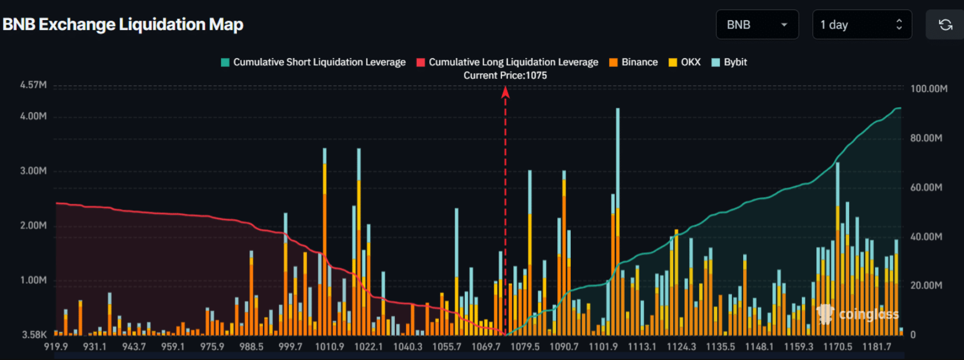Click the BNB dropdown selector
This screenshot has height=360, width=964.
point(757,25)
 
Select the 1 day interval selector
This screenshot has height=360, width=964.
point(862,25)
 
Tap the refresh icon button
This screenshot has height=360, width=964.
point(945,25)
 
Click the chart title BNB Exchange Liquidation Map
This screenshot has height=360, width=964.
point(123,25)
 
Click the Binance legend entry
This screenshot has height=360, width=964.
point(634,62)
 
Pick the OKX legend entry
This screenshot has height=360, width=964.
point(685,62)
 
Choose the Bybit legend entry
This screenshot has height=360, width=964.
point(730,62)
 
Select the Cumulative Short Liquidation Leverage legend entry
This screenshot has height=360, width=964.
point(313,62)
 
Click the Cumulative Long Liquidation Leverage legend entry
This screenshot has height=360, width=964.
point(507,62)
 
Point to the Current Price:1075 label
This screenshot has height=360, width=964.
point(505,76)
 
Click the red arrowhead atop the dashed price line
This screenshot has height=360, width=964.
point(505,92)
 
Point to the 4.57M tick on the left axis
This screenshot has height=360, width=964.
point(33,85)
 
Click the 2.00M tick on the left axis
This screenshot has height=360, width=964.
point(33,226)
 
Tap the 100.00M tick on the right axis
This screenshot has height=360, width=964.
point(928,89)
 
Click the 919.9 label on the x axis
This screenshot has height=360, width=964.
point(56,346)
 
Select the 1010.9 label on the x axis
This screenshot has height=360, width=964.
point(329,346)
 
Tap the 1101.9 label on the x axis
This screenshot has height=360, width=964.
point(603,346)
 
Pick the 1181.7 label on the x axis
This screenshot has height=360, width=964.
point(876,346)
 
